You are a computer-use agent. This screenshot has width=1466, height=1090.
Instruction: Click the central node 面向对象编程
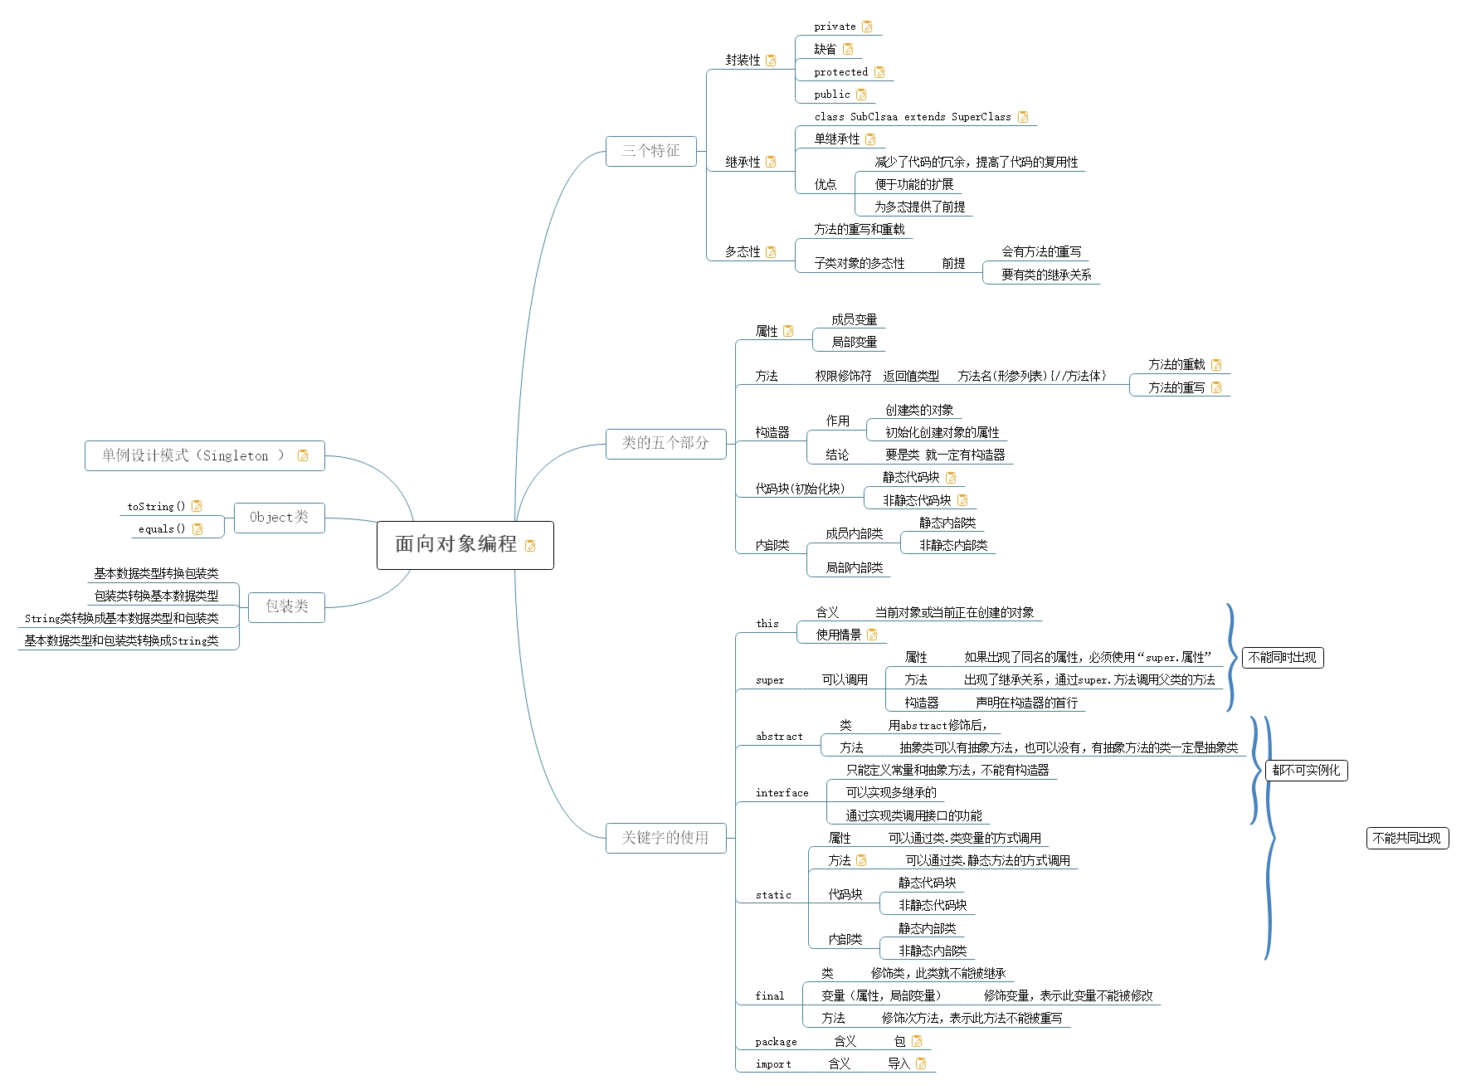coord(456,544)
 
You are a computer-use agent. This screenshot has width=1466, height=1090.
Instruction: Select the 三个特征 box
coord(650,151)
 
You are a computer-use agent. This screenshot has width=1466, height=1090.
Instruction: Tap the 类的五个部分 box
coord(665,443)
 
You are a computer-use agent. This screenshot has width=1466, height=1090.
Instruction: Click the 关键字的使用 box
coord(665,838)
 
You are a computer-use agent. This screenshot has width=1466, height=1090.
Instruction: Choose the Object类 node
coord(279,518)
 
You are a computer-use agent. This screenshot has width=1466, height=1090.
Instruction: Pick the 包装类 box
coord(286,606)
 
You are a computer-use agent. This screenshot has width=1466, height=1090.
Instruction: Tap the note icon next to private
coord(867,27)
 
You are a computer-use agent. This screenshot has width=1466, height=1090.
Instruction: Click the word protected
coord(840,72)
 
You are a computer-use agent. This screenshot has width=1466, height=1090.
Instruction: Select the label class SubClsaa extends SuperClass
coord(912,117)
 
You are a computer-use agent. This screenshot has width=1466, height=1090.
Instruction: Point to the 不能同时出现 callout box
coord(1282,658)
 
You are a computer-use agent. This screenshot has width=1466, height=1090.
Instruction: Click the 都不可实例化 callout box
coord(1306,771)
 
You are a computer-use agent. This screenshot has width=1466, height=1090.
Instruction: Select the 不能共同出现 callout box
coord(1406,839)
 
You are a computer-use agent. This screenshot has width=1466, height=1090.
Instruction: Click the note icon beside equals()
coord(197,529)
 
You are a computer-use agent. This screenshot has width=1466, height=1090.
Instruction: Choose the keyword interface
coord(782,793)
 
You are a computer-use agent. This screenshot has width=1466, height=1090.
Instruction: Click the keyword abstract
coord(779,737)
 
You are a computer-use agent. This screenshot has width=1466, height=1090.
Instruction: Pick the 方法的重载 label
coord(1176,365)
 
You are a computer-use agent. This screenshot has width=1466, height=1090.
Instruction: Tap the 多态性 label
coord(743,252)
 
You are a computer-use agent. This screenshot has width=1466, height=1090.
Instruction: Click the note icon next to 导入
coord(921,1063)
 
